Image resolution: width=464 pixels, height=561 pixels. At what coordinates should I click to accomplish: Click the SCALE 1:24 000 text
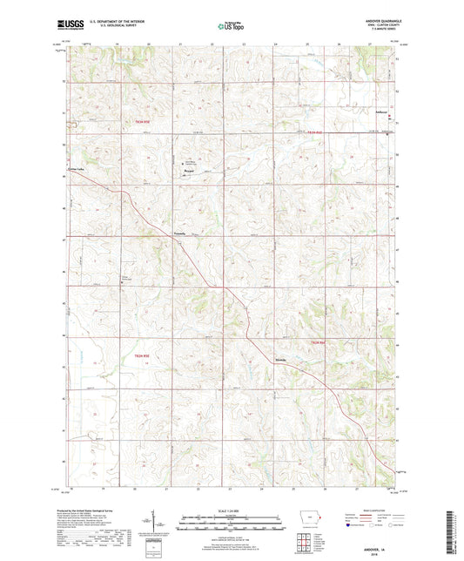(231, 510)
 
